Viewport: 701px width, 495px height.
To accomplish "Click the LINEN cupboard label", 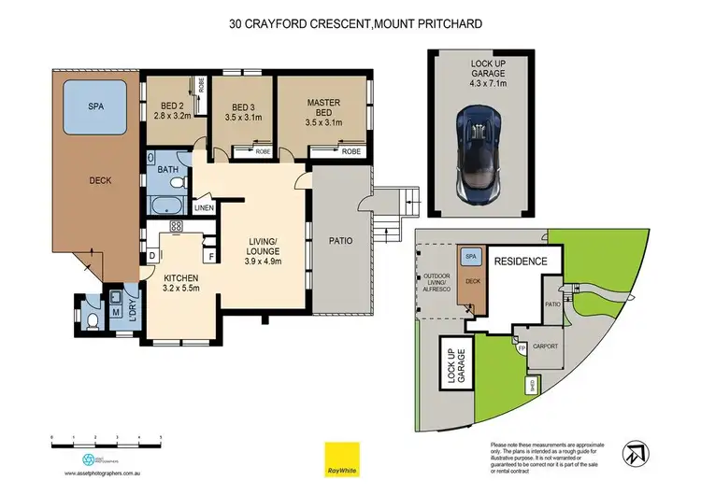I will pos(204,207).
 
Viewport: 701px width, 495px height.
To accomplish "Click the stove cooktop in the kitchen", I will pos(175,226).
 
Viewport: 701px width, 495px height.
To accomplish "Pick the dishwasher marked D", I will pos(152,256).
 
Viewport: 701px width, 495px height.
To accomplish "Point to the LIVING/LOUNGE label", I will pos(263,254).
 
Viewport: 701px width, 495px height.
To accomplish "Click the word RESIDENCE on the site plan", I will pos(520,262).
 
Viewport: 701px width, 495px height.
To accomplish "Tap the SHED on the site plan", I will pos(533,384).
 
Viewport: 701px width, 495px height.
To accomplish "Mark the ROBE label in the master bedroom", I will pos(351,151).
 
